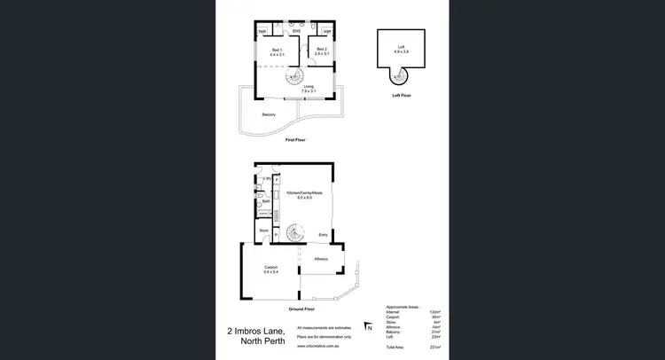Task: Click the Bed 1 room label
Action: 277,50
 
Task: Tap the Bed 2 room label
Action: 322,50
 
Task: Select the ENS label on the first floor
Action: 297,32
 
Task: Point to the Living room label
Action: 309,86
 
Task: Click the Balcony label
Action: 269,114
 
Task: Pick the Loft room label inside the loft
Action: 401,44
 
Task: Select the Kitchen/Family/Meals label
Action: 304,192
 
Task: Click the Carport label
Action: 271,267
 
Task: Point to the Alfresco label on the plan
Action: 321,258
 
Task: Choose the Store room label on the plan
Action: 264,231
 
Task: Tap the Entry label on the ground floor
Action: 324,234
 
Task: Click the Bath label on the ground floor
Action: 265,201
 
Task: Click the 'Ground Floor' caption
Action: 301,310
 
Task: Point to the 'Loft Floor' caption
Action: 401,95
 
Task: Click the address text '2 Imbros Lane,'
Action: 256,332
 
